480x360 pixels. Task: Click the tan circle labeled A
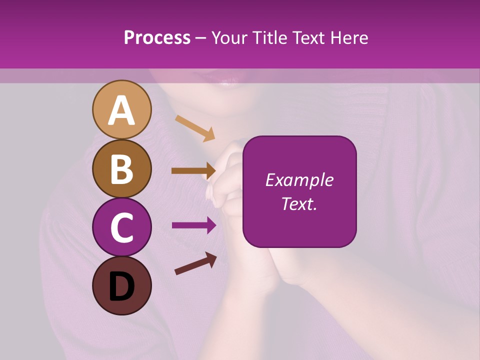pos(121,109)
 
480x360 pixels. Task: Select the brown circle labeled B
pos(121,168)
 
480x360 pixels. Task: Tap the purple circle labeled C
pos(121,227)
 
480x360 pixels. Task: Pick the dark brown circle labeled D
pos(121,285)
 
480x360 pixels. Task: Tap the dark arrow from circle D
pos(195,263)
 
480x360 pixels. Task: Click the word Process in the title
pos(157,38)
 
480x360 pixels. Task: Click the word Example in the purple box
pos(299,180)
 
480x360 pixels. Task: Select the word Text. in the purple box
pos(299,203)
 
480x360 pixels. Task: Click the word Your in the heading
pos(229,38)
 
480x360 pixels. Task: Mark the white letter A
pos(121,110)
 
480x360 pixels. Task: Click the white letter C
pos(121,228)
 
